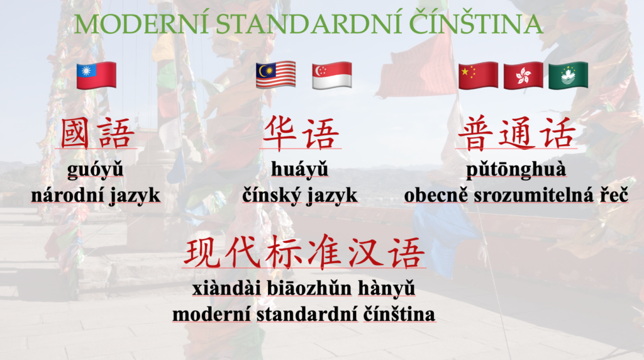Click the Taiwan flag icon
coord(96,76)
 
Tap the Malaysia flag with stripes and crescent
coord(275,75)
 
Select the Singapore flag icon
coord(332,76)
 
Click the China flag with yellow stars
coord(478,76)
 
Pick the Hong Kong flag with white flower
coord(523,76)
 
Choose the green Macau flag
coord(569,76)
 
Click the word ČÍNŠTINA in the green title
coord(476,23)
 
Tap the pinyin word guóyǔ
coord(96,170)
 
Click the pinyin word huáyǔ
coord(300,170)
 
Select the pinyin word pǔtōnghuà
coord(516,170)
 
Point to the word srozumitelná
coord(533,195)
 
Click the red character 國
coord(75,133)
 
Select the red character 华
coord(279,133)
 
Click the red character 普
coord(475,133)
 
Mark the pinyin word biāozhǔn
coord(309,288)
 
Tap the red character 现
coord(201,252)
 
